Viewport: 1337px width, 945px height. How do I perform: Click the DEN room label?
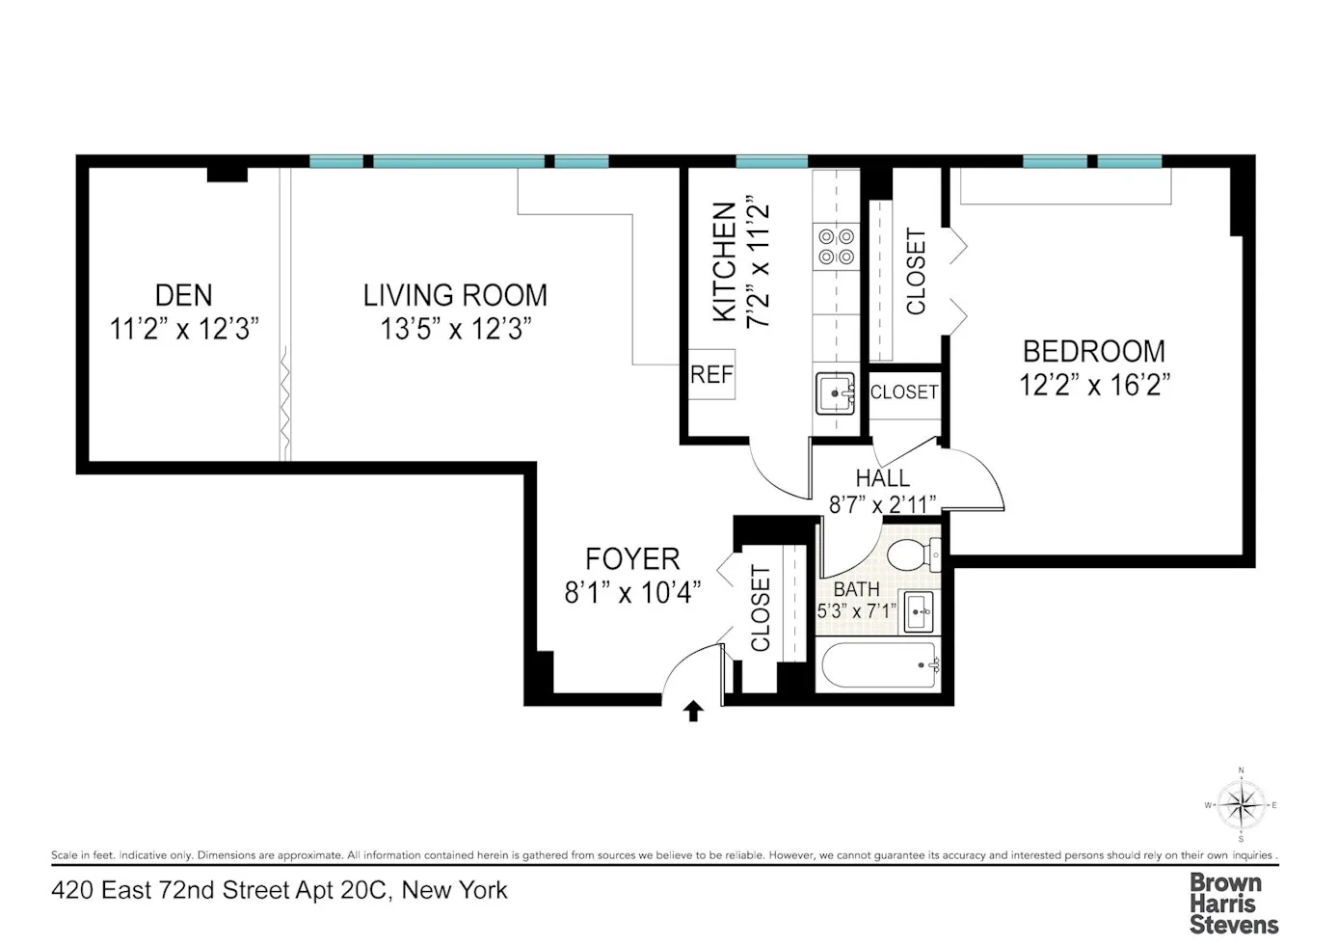183,295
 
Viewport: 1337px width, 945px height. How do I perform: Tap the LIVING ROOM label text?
455,295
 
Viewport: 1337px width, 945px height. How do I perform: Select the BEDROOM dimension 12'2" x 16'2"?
1094,386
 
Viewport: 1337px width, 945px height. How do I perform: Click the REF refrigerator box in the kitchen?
711,375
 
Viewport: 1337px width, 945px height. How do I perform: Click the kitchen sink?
835,393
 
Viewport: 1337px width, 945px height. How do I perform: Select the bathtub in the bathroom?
876,666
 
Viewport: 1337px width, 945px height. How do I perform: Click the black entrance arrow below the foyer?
693,712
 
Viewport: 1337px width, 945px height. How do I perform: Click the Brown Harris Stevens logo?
1233,904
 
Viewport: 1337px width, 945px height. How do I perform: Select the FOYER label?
632,559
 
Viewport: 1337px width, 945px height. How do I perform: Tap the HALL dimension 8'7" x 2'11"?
882,503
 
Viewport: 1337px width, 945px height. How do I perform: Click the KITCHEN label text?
725,262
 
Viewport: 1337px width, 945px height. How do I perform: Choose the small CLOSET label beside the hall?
903,392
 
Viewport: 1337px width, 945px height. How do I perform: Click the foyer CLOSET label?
761,608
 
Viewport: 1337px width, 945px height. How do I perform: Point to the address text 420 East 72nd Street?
279,889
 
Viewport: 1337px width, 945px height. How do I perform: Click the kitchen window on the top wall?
771,162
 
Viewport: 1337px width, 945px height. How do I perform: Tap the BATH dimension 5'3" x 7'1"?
856,610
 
